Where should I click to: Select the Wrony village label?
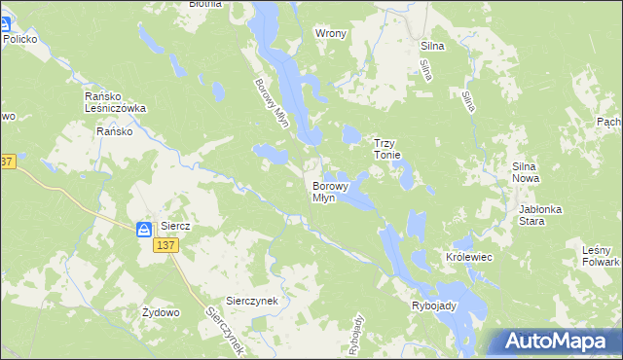[x=331, y=33]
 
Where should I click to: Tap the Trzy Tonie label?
[x=395, y=149]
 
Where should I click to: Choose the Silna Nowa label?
[x=532, y=173]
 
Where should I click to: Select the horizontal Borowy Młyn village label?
[x=324, y=191]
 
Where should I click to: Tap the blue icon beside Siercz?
[x=144, y=229]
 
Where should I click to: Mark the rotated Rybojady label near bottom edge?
[x=355, y=335]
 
